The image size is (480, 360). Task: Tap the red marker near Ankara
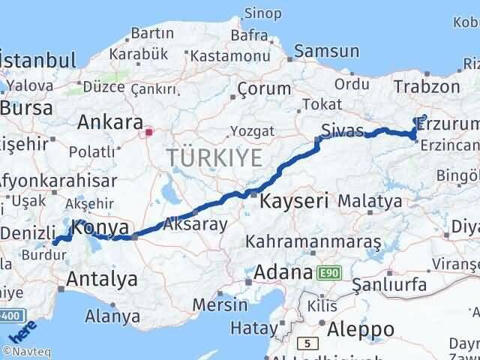click(149, 133)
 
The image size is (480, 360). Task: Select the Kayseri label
click(295, 200)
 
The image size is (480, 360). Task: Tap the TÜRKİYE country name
click(214, 158)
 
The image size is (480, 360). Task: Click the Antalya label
click(102, 279)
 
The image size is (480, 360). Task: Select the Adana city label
click(283, 271)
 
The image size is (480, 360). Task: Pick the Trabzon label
click(425, 86)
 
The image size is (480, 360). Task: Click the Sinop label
click(263, 13)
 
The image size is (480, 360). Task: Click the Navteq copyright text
click(25, 351)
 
